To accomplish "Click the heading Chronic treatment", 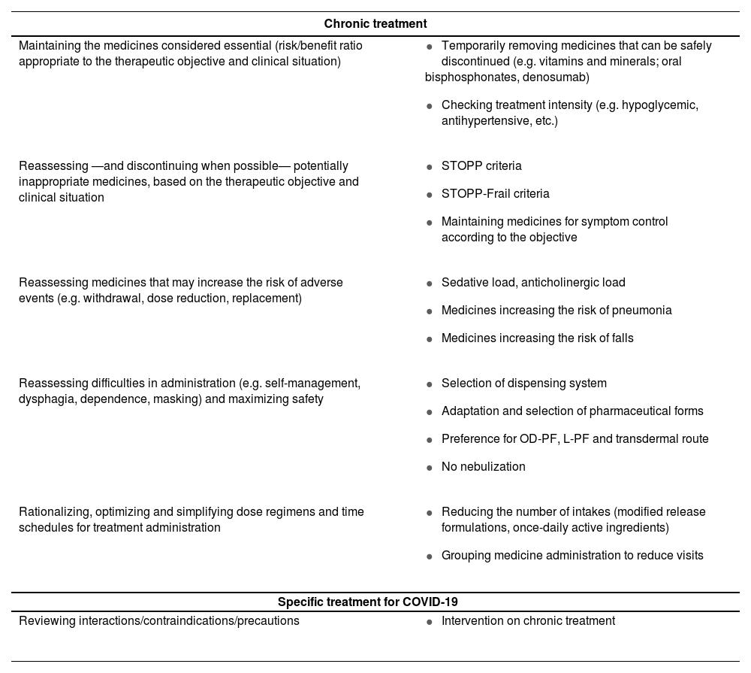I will (375, 24).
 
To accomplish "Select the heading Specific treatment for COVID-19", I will (368, 602).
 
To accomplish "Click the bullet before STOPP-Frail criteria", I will (429, 195).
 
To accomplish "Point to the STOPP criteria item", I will (481, 165).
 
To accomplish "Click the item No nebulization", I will (483, 466).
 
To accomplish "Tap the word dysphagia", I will (44, 399).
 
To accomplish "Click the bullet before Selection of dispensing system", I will (429, 384).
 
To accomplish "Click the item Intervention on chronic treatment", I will (528, 620).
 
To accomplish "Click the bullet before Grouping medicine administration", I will (429, 556).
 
